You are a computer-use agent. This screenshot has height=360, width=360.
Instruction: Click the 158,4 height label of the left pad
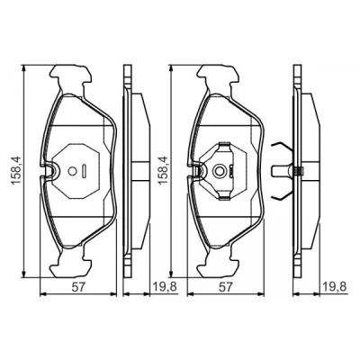click(x=16, y=170)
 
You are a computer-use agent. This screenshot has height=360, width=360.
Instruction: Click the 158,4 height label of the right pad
click(x=164, y=170)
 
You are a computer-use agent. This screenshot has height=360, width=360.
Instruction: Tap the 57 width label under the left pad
click(x=78, y=287)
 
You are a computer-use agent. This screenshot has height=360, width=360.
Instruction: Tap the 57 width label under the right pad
click(x=225, y=287)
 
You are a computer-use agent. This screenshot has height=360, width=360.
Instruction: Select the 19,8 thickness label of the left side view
click(x=165, y=287)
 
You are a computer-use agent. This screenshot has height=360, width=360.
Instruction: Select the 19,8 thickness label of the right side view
click(x=335, y=287)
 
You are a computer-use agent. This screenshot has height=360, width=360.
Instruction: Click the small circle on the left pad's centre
click(x=72, y=171)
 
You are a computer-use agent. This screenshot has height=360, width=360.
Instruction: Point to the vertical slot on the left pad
click(x=85, y=171)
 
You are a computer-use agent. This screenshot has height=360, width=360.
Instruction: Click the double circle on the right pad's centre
click(x=220, y=171)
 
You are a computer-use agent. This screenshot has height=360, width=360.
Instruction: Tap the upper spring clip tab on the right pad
click(x=224, y=146)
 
